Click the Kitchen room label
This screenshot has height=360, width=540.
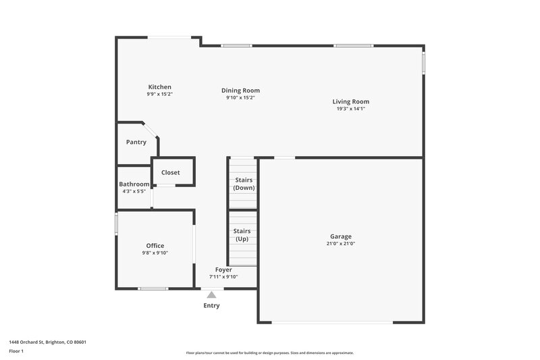tap(160, 87)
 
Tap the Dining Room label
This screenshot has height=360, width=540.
tap(240, 91)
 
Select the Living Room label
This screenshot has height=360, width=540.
tap(350, 102)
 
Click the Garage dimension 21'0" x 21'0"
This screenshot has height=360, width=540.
tap(340, 244)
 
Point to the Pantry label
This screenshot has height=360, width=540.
tap(136, 143)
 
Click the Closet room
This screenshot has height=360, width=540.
tap(171, 173)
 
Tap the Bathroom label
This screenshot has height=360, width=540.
tap(134, 184)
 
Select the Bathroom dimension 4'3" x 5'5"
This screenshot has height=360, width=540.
tap(134, 192)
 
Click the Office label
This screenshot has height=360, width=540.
tap(155, 246)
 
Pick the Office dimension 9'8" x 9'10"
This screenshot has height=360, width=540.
tap(155, 253)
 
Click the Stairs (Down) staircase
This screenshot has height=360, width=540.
tap(244, 184)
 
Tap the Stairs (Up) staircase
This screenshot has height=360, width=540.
tap(242, 235)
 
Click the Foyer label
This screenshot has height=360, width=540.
tap(223, 269)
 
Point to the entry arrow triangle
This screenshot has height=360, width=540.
tap(211, 294)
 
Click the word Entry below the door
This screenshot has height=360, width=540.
tap(211, 305)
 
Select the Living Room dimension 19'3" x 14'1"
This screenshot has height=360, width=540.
tap(350, 109)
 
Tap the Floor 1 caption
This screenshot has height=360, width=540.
tap(16, 351)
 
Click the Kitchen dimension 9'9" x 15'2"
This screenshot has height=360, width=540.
tap(160, 95)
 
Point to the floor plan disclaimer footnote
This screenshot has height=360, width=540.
tap(269, 353)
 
